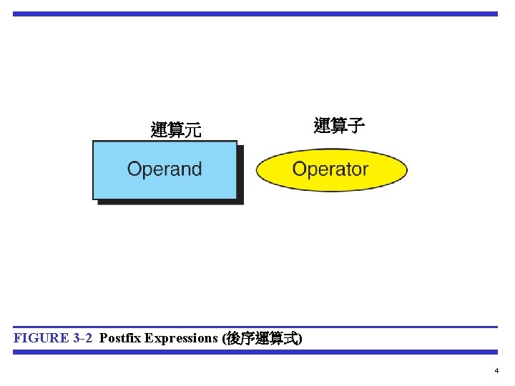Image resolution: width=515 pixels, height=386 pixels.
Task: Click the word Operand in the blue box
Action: pyautogui.click(x=165, y=169)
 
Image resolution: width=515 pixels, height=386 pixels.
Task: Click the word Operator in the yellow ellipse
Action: pyautogui.click(x=330, y=169)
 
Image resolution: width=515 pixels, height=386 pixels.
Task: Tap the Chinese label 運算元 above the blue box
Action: pyautogui.click(x=176, y=130)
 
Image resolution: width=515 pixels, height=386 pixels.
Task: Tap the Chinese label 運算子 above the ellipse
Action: pyautogui.click(x=339, y=127)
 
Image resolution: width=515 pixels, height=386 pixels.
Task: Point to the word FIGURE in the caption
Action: pyautogui.click(x=41, y=338)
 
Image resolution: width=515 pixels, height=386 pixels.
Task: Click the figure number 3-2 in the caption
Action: pyautogui.click(x=83, y=338)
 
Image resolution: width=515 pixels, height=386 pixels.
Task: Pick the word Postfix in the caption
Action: pyautogui.click(x=120, y=338)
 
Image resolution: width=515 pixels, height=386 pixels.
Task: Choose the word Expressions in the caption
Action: pyautogui.click(x=182, y=338)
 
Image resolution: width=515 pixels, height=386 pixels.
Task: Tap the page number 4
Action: pyautogui.click(x=496, y=371)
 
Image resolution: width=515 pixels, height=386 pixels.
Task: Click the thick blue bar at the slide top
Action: pyautogui.click(x=255, y=14)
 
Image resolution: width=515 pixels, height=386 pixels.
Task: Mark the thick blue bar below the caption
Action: pyautogui.click(x=255, y=352)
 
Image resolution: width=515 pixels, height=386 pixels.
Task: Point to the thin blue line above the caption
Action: pyautogui.click(x=255, y=327)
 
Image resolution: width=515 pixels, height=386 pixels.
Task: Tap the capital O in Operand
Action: pyautogui.click(x=134, y=169)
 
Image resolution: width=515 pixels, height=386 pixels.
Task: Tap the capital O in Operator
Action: pyautogui.click(x=300, y=169)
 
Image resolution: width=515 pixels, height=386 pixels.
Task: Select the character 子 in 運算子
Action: pyautogui.click(x=356, y=127)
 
